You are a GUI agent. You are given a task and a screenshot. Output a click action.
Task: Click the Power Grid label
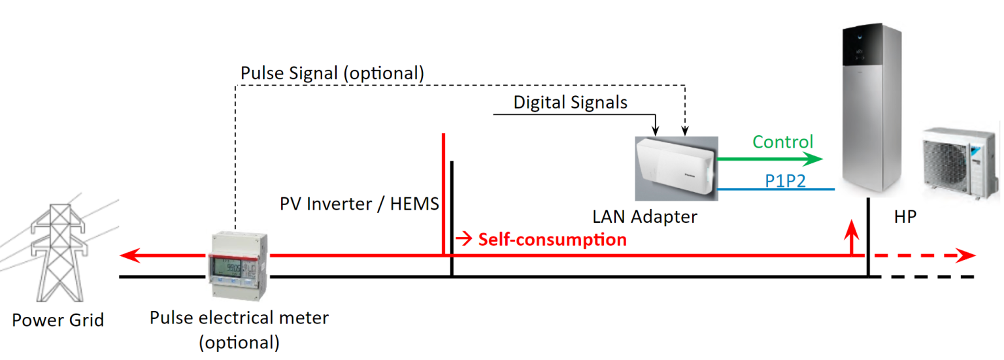(58, 320)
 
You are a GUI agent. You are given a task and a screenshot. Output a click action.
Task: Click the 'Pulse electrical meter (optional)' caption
(239, 330)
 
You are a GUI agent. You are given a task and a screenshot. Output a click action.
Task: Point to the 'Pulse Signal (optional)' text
(333, 73)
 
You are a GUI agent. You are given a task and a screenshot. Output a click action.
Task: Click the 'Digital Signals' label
(570, 103)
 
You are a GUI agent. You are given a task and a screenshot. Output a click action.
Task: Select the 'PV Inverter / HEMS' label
(359, 205)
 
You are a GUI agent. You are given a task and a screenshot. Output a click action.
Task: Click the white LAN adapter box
(676, 167)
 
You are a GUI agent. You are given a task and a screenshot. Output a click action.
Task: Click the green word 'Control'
(782, 142)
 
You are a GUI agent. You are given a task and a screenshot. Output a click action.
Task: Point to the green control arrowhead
(814, 158)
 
